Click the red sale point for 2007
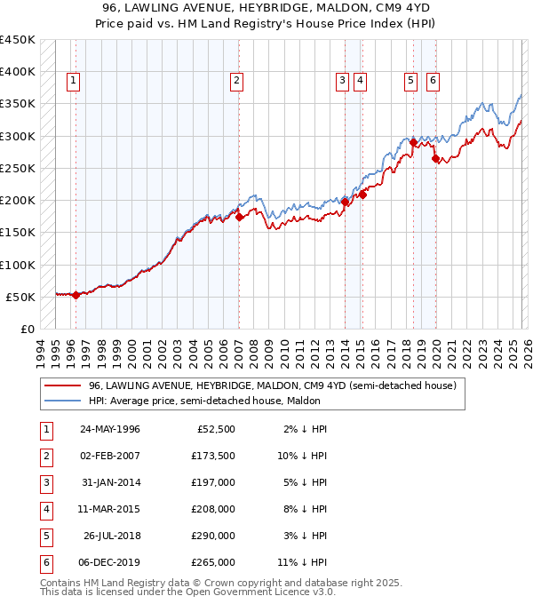(x=240, y=217)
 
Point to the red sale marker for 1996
(x=76, y=295)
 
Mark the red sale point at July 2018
(x=413, y=142)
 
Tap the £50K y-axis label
(x=21, y=297)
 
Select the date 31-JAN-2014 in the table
(x=110, y=482)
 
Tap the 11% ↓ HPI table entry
(x=301, y=562)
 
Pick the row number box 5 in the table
(x=45, y=536)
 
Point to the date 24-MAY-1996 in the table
(x=110, y=430)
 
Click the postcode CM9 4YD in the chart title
(x=394, y=8)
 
